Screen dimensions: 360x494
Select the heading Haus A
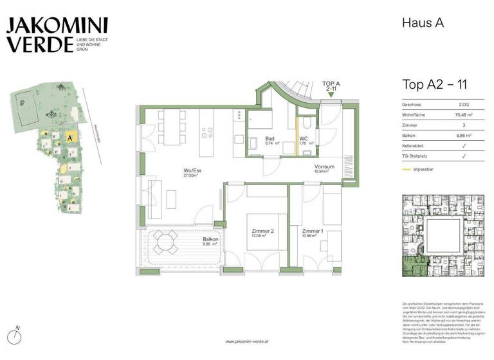pos(423,24)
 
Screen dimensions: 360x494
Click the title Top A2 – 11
pos(438,84)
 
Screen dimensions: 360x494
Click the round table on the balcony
pos(168,244)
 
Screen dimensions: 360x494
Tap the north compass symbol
pos(17,336)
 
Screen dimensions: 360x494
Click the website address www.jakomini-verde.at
pos(247,341)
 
